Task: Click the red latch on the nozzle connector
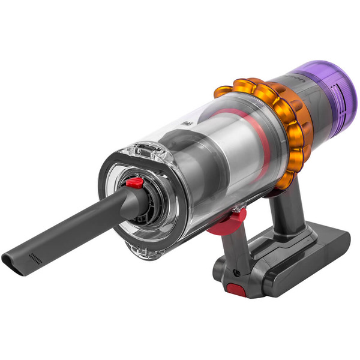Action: click(x=136, y=182)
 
